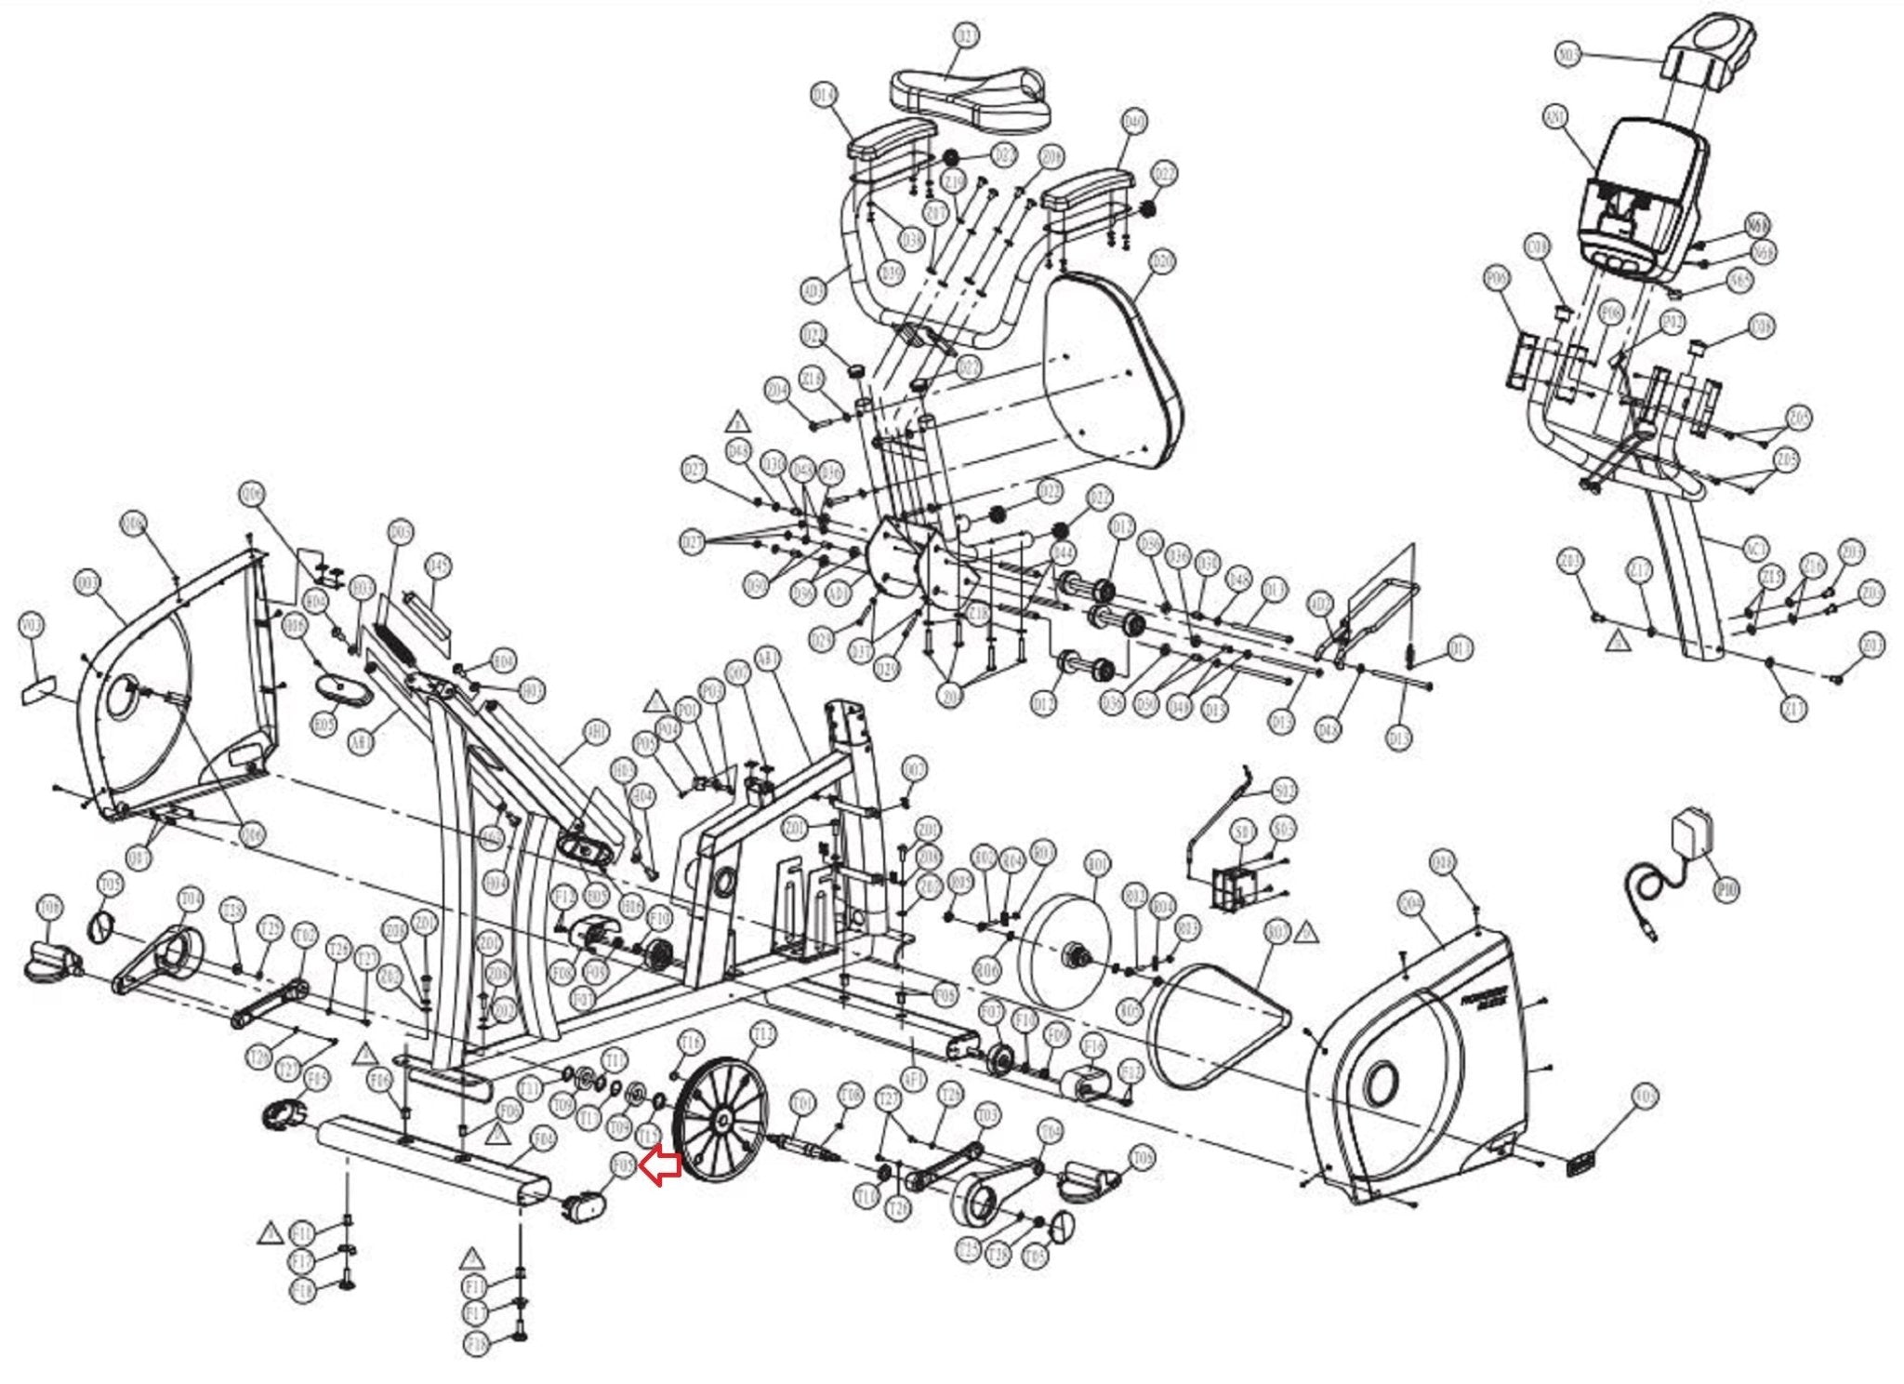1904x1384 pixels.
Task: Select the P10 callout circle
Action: (x=1726, y=890)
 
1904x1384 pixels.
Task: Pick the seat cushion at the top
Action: (x=970, y=95)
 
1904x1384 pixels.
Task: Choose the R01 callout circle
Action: (x=1098, y=866)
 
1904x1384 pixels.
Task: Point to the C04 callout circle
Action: (x=1411, y=903)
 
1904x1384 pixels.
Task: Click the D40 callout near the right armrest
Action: (x=1134, y=122)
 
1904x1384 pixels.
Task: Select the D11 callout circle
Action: (x=1461, y=648)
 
